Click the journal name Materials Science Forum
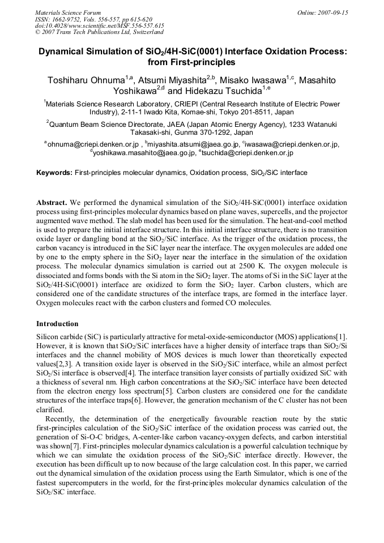(x=68, y=12)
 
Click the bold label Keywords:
(x=54, y=173)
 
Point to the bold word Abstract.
(x=52, y=202)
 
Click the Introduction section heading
(x=57, y=324)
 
